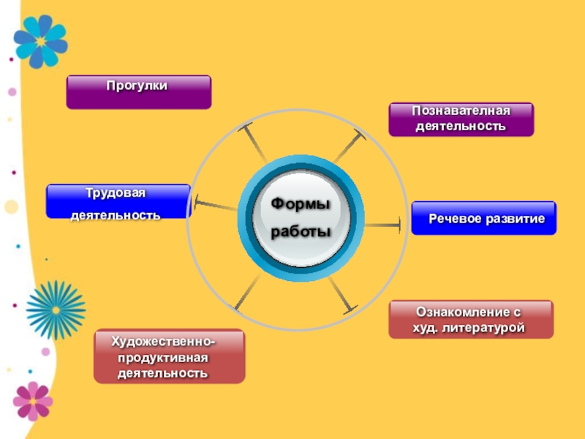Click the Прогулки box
click(138, 92)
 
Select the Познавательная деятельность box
click(461, 119)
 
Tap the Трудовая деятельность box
click(118, 201)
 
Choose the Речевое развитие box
click(483, 218)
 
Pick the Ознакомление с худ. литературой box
click(470, 319)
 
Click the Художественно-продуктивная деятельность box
click(169, 356)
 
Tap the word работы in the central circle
click(301, 232)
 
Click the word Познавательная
click(460, 110)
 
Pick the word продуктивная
click(163, 358)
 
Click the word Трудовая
click(116, 192)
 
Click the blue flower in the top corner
click(40, 41)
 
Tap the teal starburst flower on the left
click(56, 309)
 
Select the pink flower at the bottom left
click(32, 400)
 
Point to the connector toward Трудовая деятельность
click(215, 206)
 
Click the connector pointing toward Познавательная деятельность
click(350, 146)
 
